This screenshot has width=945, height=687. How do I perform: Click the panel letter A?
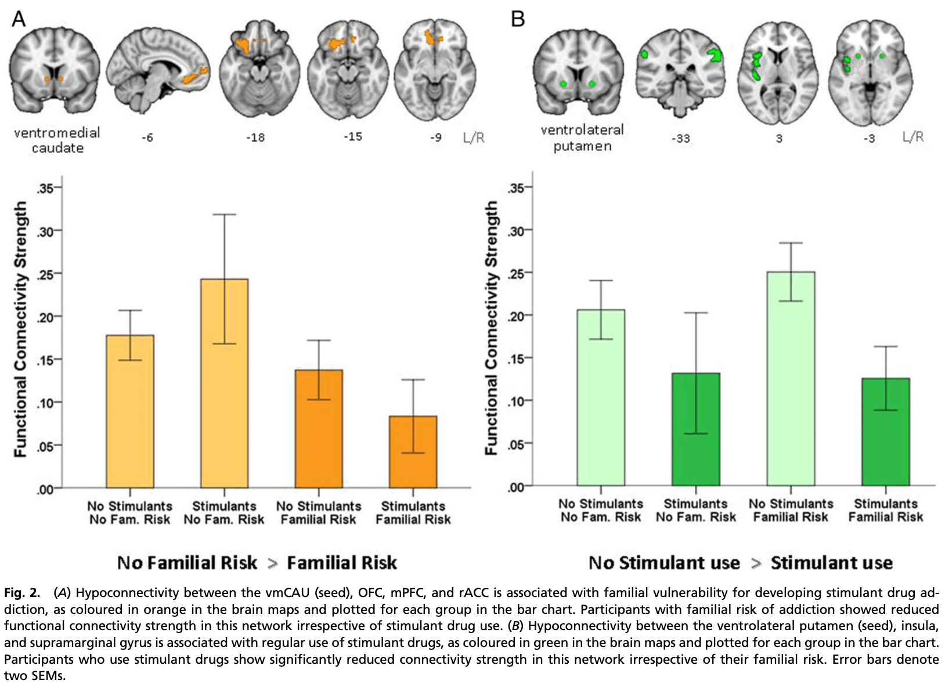click(x=19, y=19)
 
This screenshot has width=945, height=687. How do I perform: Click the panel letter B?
click(x=517, y=19)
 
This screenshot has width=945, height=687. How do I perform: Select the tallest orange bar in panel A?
click(x=224, y=383)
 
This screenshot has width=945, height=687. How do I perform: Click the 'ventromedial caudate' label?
click(x=57, y=140)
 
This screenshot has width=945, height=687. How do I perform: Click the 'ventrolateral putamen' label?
click(x=582, y=138)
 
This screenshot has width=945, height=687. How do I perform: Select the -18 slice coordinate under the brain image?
click(x=255, y=138)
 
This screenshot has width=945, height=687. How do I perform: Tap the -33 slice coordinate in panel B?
click(x=680, y=139)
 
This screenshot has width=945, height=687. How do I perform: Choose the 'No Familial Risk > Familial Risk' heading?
click(x=257, y=563)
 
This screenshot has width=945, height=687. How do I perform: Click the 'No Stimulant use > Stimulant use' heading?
click(x=740, y=563)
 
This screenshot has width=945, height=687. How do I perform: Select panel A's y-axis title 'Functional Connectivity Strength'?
click(x=21, y=329)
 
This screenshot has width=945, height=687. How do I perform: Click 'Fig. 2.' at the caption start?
click(x=22, y=593)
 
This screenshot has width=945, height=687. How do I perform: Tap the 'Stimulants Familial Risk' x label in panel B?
click(x=885, y=511)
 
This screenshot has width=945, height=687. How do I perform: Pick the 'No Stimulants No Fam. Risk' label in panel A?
click(x=130, y=513)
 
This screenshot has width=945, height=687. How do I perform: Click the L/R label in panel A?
click(x=474, y=138)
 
